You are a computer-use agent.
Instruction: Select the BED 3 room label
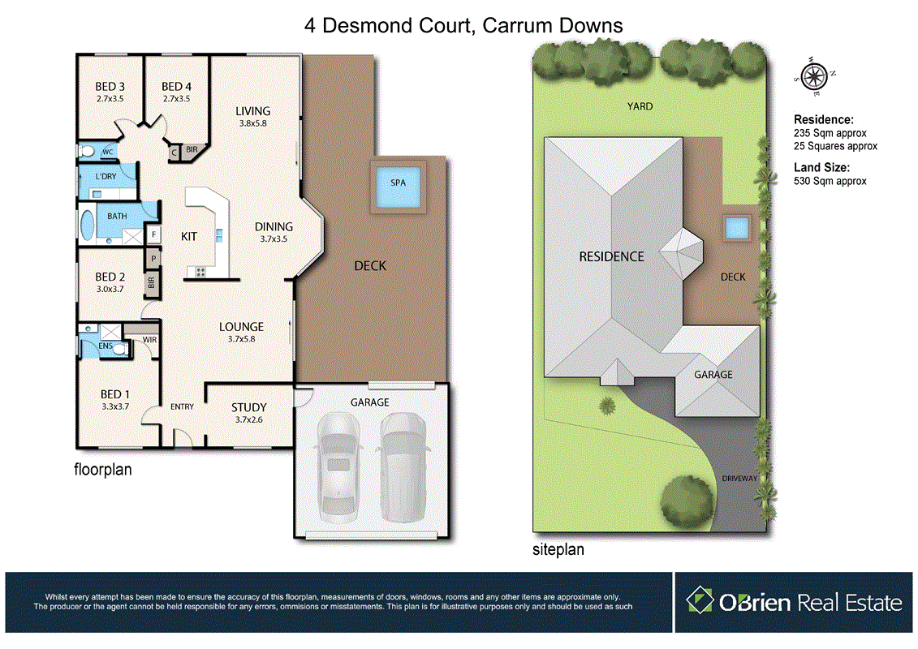coord(110,87)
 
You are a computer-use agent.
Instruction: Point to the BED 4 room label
coord(176,87)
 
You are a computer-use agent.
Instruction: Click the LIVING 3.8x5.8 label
coord(253,117)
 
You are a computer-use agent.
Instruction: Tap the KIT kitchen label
coord(189,236)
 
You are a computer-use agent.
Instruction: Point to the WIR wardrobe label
coord(150,339)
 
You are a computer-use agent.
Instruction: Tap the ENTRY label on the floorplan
coord(183,406)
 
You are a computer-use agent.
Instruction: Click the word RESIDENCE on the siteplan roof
coord(611,256)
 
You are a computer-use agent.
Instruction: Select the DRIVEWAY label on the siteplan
coord(739,479)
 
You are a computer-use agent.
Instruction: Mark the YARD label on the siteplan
coord(640,106)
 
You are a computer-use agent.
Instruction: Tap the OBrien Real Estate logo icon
coord(700,601)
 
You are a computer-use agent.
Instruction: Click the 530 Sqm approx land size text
coord(830,181)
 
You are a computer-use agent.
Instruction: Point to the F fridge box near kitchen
coord(153,234)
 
